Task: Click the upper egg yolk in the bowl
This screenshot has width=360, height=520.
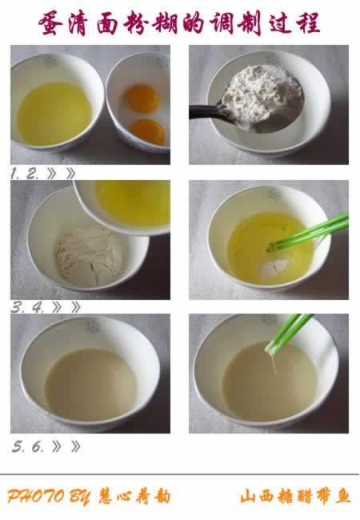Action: click(143, 98)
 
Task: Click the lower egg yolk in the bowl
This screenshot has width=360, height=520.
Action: click(147, 132)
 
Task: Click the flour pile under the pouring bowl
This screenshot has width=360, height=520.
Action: click(89, 256)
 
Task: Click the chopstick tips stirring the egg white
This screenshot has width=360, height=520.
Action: click(271, 246)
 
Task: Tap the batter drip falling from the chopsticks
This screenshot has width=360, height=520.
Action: click(274, 363)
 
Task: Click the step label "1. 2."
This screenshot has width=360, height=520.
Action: click(25, 174)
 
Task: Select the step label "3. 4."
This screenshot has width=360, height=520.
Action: click(27, 308)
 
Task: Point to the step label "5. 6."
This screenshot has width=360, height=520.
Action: click(28, 446)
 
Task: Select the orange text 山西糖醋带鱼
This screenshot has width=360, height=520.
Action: click(295, 497)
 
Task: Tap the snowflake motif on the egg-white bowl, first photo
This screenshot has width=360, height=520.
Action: click(50, 62)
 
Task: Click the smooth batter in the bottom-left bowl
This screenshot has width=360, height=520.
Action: click(91, 384)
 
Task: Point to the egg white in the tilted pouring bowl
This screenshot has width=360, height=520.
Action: click(134, 202)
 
